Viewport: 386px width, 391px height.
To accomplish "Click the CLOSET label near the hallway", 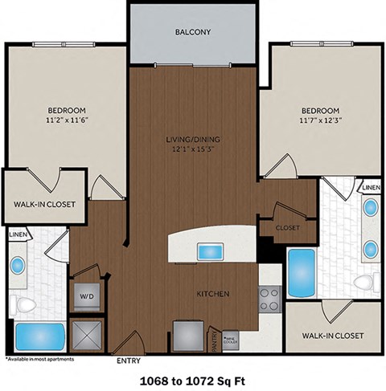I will click(287, 227).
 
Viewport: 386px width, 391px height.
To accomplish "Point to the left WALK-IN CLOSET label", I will click(44, 204).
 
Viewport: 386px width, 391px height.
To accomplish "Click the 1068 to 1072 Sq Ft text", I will click(193, 378).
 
